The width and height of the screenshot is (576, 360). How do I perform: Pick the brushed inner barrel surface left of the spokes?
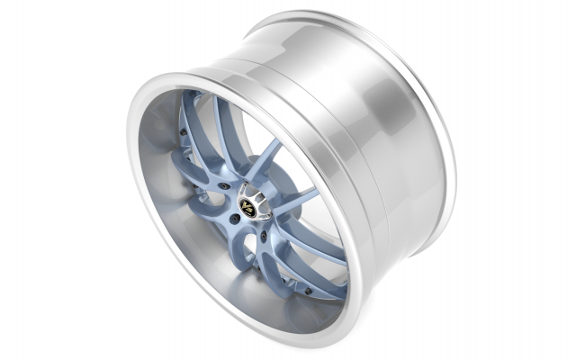click(x=166, y=162)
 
